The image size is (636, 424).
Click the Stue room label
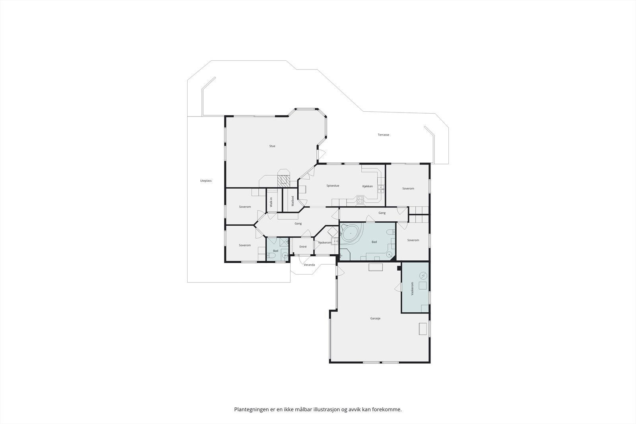pyautogui.click(x=272, y=146)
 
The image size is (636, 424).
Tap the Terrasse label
pyautogui.click(x=383, y=135)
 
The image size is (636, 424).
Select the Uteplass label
pyautogui.click(x=206, y=181)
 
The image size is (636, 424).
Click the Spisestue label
pyautogui.click(x=333, y=186)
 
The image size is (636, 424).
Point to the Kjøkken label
pyautogui.click(x=367, y=186)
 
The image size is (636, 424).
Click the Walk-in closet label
pyautogui.click(x=271, y=202)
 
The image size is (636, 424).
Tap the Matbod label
pyautogui.click(x=293, y=201)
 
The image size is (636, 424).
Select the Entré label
pyautogui.click(x=303, y=247)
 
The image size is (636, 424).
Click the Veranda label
pyautogui.click(x=309, y=265)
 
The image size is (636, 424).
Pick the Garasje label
pyautogui.click(x=375, y=318)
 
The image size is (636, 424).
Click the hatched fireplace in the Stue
pyautogui.click(x=284, y=180)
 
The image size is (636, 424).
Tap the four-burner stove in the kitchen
pyautogui.click(x=360, y=200)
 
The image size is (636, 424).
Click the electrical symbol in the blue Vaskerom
pyautogui.click(x=424, y=275)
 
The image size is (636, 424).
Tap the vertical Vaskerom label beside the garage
pyautogui.click(x=412, y=288)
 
